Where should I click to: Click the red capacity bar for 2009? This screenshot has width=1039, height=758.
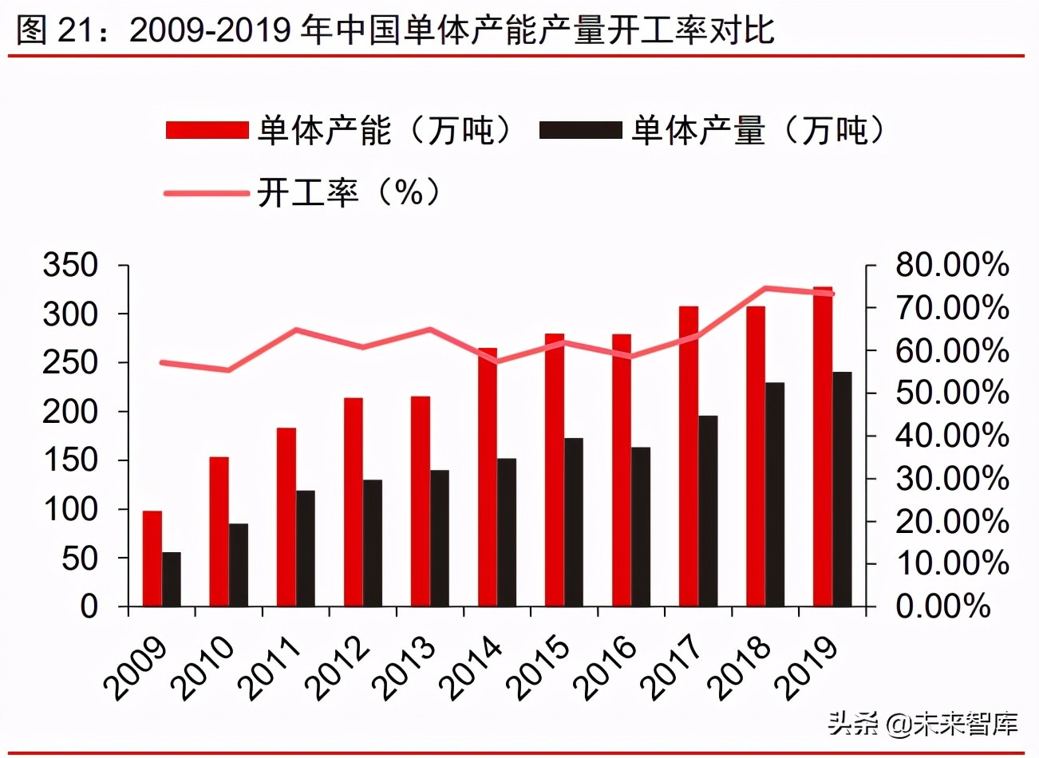(x=152, y=559)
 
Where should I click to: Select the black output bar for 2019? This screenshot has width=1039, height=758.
(x=842, y=489)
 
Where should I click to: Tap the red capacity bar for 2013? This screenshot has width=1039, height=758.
(x=421, y=501)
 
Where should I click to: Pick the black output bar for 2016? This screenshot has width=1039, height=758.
(x=641, y=527)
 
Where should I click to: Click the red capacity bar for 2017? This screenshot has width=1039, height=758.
(x=689, y=456)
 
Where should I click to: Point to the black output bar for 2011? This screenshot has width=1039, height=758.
(x=306, y=548)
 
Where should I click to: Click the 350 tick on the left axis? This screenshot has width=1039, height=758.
(x=69, y=265)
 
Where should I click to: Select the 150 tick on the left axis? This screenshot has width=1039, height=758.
(x=69, y=460)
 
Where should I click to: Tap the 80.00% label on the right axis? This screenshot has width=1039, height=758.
(x=951, y=265)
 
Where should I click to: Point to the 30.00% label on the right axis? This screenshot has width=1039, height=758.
(x=951, y=479)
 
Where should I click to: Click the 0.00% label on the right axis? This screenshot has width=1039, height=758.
(x=942, y=606)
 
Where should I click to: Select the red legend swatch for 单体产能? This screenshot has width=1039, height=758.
(x=207, y=130)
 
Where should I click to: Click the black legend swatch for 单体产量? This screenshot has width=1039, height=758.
(x=580, y=130)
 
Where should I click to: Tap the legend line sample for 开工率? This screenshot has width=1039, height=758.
(x=207, y=193)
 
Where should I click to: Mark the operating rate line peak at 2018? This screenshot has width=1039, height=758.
(x=764, y=288)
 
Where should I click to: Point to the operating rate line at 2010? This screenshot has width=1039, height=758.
(x=229, y=370)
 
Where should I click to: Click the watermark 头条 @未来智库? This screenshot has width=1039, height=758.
(x=923, y=724)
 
